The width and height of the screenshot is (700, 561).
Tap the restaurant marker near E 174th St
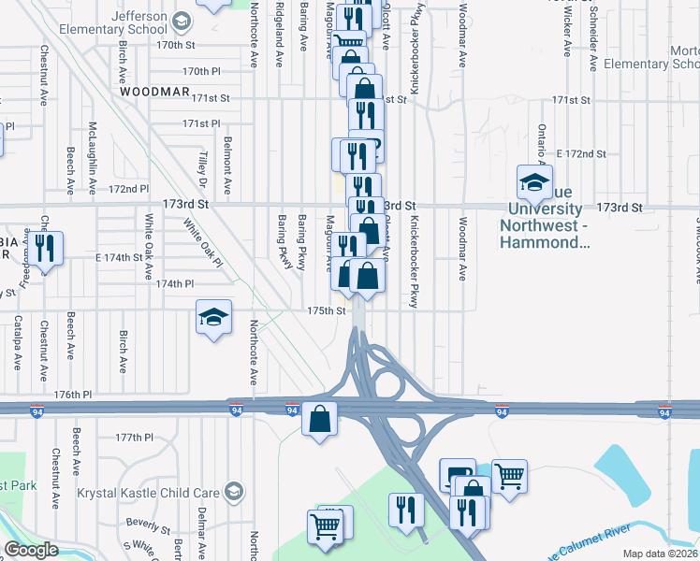44,248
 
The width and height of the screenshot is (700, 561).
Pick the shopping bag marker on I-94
319,420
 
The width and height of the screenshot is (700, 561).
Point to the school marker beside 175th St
213,317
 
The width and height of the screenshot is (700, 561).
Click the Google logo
30,551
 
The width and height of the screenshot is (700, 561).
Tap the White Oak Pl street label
203,242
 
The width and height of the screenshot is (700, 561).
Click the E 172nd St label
581,152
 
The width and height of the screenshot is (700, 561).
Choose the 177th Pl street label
134,438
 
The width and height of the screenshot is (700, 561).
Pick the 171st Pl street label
201,123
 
